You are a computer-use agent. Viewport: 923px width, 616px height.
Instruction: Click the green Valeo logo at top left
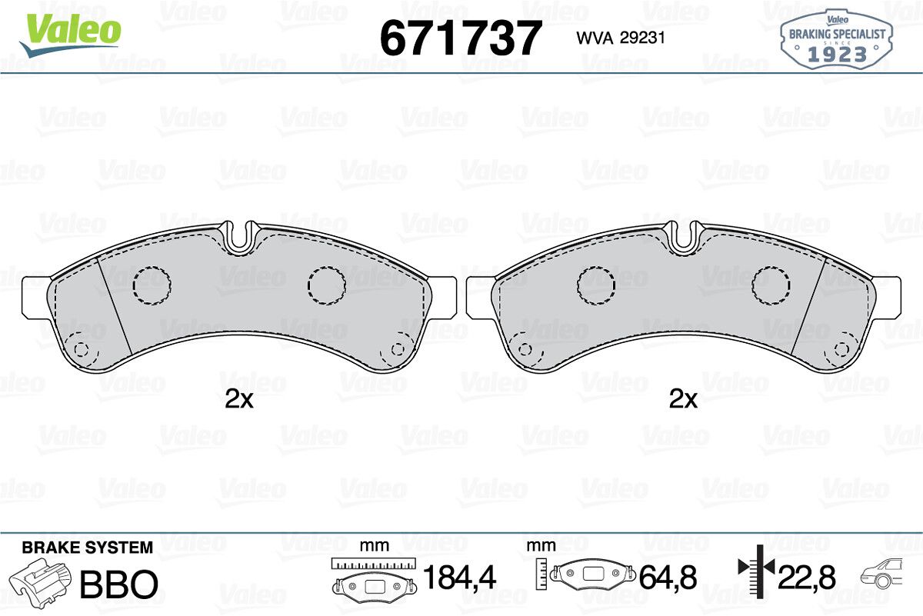pyautogui.click(x=70, y=35)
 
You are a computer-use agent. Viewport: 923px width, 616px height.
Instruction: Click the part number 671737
pyautogui.click(x=460, y=38)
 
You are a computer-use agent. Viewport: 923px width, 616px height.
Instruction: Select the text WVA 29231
pyautogui.click(x=621, y=38)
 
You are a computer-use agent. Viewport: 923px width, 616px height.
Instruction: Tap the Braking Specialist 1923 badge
pyautogui.click(x=837, y=40)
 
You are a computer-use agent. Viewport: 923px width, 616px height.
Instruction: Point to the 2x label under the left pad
pyautogui.click(x=239, y=399)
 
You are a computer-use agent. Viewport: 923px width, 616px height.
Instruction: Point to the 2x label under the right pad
pyautogui.click(x=683, y=399)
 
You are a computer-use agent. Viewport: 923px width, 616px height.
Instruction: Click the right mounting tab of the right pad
pyautogui.click(x=887, y=297)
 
